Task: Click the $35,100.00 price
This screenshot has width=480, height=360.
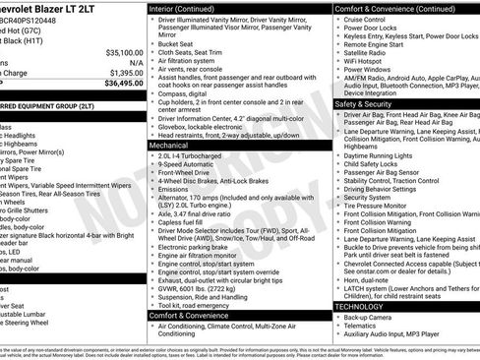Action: [124, 51]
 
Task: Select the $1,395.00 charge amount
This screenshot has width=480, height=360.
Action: [126, 73]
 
